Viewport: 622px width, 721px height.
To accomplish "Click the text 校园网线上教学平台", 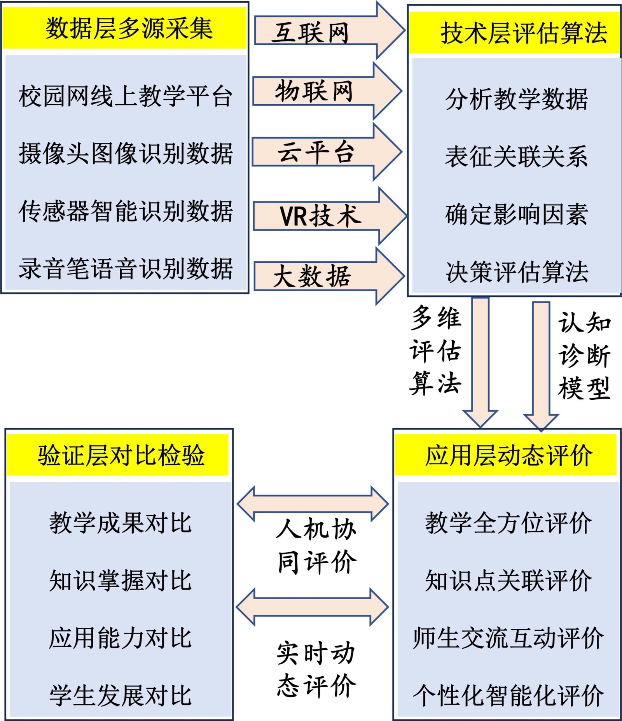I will [x=125, y=96].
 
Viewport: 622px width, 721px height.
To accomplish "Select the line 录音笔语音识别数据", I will [x=125, y=268].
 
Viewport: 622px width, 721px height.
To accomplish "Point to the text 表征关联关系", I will [x=516, y=156].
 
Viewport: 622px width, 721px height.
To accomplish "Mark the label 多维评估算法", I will [x=435, y=350].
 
